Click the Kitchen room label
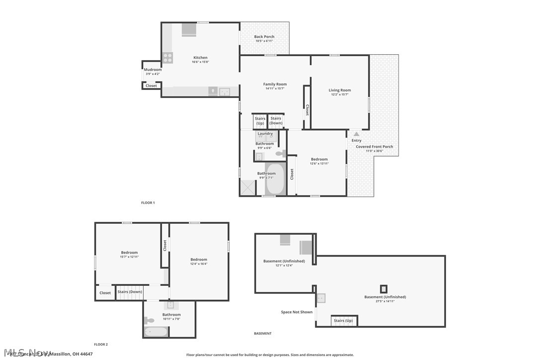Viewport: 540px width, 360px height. point(200,58)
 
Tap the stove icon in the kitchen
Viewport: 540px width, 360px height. point(168,58)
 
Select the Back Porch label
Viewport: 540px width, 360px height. point(264,37)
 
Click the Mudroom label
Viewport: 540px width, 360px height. point(153,70)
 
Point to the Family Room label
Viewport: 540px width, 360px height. point(275,85)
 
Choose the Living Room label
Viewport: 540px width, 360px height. point(340,90)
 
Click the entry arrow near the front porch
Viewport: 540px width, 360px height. point(356,134)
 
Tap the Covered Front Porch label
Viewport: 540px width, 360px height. point(374,147)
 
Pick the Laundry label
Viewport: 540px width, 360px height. point(265,133)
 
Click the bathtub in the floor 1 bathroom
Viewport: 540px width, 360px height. point(274,180)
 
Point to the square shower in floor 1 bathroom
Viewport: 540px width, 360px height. point(247,187)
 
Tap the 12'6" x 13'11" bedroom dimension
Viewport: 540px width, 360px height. point(319,163)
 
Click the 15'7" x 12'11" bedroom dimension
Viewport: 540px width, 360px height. point(129,257)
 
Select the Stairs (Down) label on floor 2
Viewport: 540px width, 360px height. point(130,292)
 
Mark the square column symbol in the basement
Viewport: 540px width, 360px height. point(383,288)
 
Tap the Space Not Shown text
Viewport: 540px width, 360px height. point(297,312)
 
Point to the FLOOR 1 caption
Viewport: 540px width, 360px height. point(148,203)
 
